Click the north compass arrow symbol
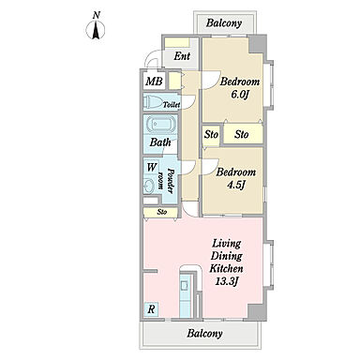point(96,30)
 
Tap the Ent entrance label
point(182,56)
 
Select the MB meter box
point(154,82)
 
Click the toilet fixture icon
point(152,101)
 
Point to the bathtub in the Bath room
point(160,125)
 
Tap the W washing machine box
point(152,167)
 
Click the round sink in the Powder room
point(149,187)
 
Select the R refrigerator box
point(152,309)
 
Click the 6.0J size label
point(239,95)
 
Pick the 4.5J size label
point(235,186)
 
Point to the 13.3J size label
point(227,281)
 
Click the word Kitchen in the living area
point(226,268)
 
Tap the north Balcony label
point(224,23)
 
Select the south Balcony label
point(204,334)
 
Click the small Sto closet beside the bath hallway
point(211,135)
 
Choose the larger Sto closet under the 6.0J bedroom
point(243,134)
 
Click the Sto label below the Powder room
point(162,212)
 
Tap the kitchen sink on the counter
point(185,284)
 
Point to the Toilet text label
point(172,105)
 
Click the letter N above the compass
point(97,15)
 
